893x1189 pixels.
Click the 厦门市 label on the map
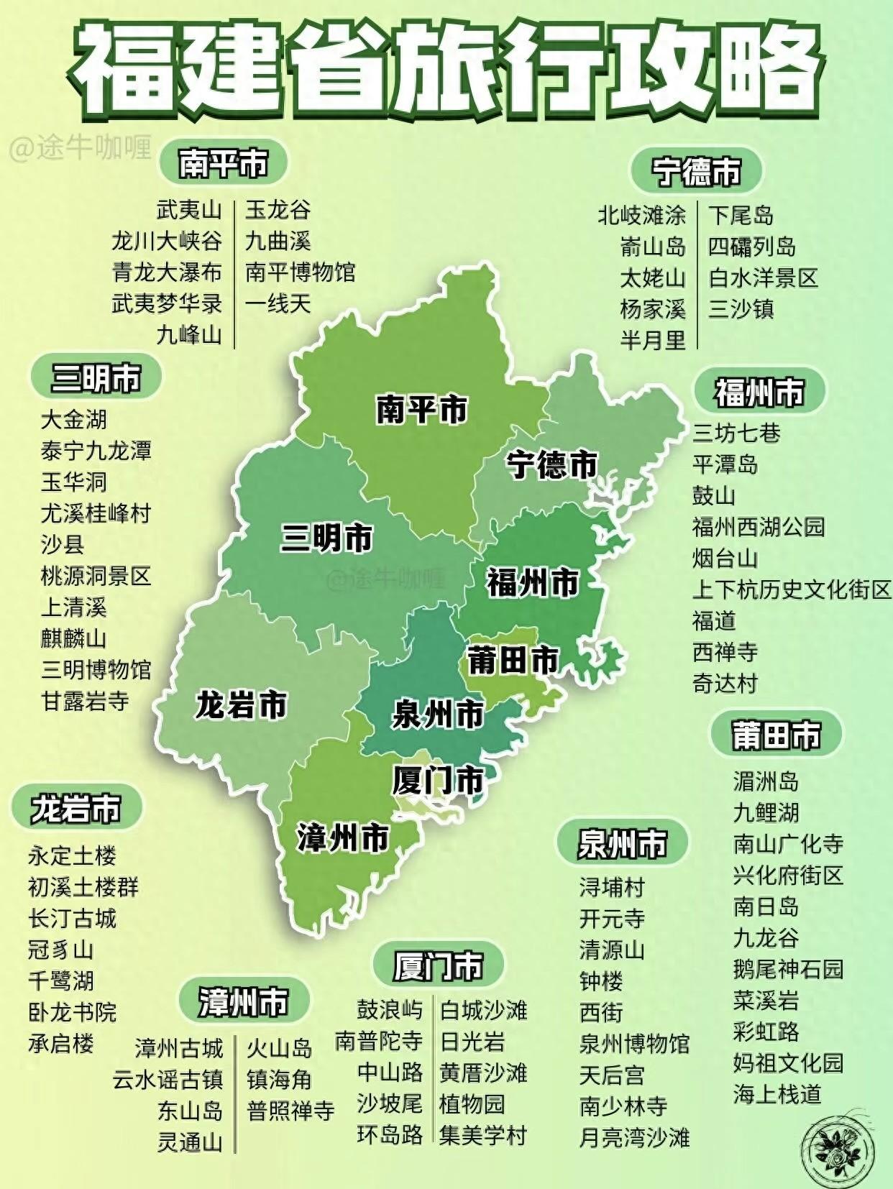coord(438,780)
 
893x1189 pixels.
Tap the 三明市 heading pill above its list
coord(96,377)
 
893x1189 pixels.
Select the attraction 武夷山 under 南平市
coord(189,210)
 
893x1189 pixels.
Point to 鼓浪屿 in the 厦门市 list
coord(389,1009)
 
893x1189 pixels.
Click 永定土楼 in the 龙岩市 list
coord(72,855)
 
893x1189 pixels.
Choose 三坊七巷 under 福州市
coord(736,433)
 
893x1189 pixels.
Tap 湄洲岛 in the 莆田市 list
coord(766,781)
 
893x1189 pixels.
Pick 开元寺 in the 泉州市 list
coord(612,919)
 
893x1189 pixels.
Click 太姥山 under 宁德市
coord(653,277)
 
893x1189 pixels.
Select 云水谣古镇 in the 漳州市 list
coord(168,1080)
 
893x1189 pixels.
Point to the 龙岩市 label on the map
coord(241,705)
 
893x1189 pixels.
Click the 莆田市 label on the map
coord(513,659)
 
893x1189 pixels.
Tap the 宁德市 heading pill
coord(696,172)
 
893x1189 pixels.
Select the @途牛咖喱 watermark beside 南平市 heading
coord(81,149)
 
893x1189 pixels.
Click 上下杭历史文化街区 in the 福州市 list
coord(791,589)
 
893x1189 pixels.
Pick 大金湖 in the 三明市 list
coord(73,419)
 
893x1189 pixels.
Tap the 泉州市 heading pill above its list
coord(623,843)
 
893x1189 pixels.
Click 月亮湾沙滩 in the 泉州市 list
coord(634,1137)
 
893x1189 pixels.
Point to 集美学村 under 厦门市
coord(483,1135)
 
